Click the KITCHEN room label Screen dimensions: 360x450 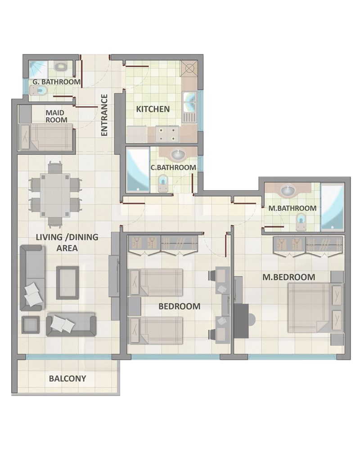pyautogui.click(x=153, y=109)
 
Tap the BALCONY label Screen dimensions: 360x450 pyautogui.click(x=67, y=378)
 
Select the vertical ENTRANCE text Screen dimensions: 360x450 pyautogui.click(x=104, y=115)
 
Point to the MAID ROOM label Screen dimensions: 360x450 pyautogui.click(x=56, y=116)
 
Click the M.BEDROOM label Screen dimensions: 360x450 pyautogui.click(x=289, y=277)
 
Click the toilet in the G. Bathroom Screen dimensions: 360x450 pyautogui.click(x=38, y=91)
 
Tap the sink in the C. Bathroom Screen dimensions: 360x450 pyautogui.click(x=178, y=154)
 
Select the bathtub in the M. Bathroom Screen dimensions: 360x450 pyautogui.click(x=332, y=207)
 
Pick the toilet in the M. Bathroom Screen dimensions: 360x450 pyautogui.click(x=301, y=222)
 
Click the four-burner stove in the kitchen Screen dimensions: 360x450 pyautogui.click(x=167, y=134)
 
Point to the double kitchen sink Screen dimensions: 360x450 pyautogui.click(x=189, y=102)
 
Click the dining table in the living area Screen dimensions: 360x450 pyautogui.click(x=55, y=195)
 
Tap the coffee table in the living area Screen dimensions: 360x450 pyautogui.click(x=67, y=283)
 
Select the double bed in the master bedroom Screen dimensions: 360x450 pyautogui.click(x=315, y=308)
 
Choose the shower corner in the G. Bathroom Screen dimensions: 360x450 pyautogui.click(x=38, y=70)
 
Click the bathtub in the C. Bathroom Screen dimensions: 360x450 pyautogui.click(x=138, y=169)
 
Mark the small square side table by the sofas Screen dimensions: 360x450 pyautogui.click(x=31, y=324)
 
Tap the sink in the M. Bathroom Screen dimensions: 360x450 pyautogui.click(x=288, y=190)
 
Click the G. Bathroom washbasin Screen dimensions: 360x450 pyautogui.click(x=61, y=67)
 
